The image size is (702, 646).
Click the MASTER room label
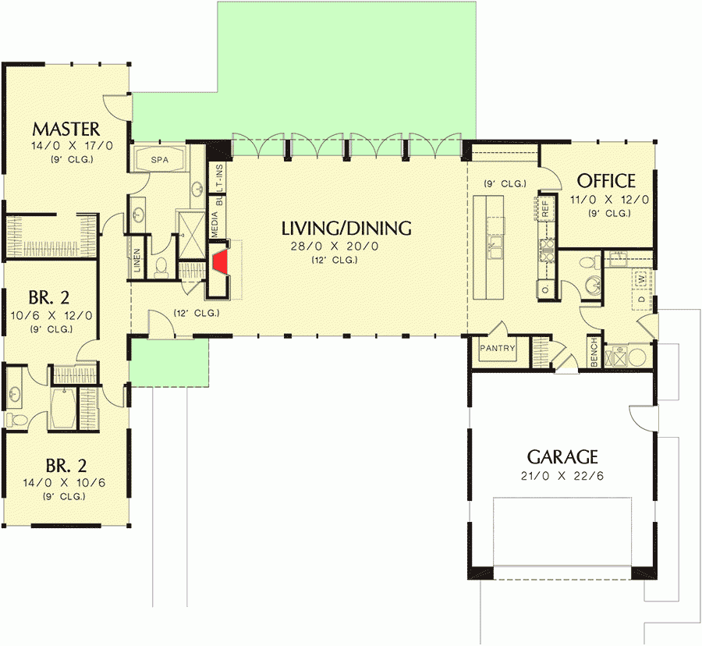pos(66,129)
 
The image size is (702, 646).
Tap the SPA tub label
pos(160,159)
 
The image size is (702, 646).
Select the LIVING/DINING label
pos(346,229)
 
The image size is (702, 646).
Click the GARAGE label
pos(562,456)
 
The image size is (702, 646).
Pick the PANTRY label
pos(498,348)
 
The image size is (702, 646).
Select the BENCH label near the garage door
pos(594,352)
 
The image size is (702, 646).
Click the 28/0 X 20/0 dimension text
pos(346,246)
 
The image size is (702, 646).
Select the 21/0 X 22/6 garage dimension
pos(562,475)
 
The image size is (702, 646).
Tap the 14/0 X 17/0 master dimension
pos(66,146)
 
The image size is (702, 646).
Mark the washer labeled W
pos(641,278)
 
